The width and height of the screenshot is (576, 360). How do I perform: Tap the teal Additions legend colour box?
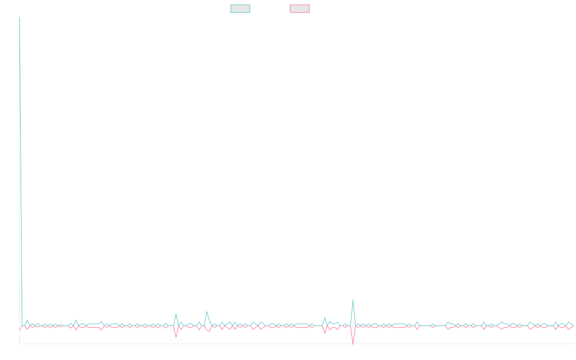click(x=240, y=9)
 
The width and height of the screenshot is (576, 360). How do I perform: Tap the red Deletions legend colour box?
click(x=300, y=9)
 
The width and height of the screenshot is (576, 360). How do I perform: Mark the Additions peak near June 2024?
click(x=353, y=300)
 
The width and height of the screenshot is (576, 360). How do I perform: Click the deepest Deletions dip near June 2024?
click(x=353, y=344)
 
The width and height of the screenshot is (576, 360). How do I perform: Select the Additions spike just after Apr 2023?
click(x=207, y=312)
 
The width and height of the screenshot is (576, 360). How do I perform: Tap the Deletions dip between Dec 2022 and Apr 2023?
click(x=176, y=337)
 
